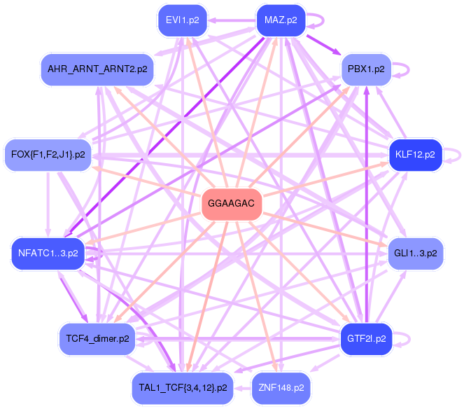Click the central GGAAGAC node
pos(232,205)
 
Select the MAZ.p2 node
pos(281,20)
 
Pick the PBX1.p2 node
pos(366,69)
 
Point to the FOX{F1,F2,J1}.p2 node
pos(48,154)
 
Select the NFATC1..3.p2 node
pos(48,252)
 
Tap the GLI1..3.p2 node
pos(415,252)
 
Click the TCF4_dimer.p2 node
pos(97,338)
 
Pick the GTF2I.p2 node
pos(366,338)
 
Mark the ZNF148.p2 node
pos(281,387)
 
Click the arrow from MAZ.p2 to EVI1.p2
pos(231,20)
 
